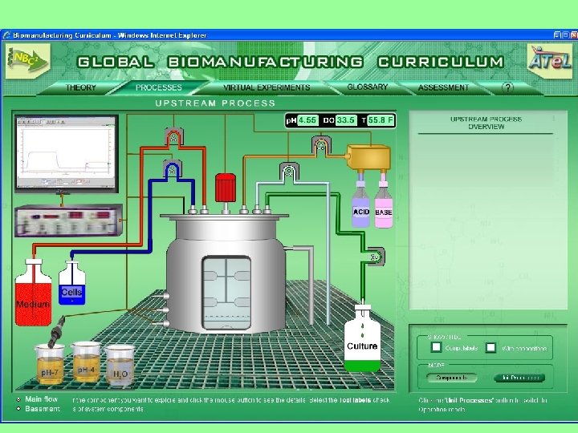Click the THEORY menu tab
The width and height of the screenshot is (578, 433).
point(81,87)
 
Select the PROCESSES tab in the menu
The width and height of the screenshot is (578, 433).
point(159,87)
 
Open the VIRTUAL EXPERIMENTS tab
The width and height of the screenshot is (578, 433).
point(267,87)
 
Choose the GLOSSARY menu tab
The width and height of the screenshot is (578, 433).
point(368,87)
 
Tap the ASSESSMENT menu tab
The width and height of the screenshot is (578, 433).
point(444,87)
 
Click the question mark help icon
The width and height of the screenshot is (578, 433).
point(507,87)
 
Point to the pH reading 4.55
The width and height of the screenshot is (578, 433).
point(307,120)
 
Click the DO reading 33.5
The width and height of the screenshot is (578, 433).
point(345,120)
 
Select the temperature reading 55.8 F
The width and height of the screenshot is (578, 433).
point(381,120)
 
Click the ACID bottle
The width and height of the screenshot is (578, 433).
point(361,210)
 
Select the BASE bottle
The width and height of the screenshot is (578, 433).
point(383,210)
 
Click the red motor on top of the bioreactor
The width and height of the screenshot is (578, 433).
point(226,188)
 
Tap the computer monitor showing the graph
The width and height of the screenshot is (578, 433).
point(66,153)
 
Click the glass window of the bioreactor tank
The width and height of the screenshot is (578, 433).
point(227,292)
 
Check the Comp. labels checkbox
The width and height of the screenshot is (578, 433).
point(436,347)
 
